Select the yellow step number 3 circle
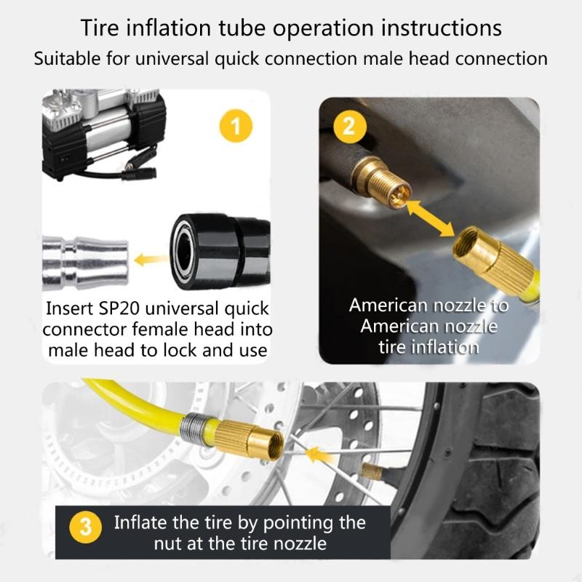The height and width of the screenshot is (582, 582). tap(86, 527)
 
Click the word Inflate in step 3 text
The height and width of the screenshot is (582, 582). tap(138, 522)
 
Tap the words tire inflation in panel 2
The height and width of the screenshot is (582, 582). tap(428, 347)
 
